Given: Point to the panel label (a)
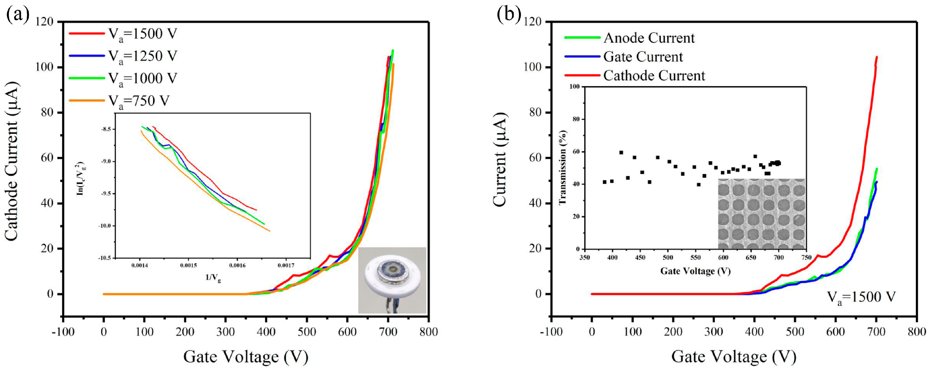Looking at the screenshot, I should point(17,15).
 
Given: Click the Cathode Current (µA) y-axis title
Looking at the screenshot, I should point(11,161).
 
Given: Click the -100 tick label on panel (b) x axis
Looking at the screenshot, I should point(551,332).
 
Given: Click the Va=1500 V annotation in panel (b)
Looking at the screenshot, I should point(861,297).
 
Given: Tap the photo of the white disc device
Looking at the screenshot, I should point(392,280).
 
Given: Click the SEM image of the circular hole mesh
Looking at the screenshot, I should point(762,214).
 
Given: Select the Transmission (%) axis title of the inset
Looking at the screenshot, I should point(563,168).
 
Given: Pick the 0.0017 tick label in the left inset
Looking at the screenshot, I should point(286,266).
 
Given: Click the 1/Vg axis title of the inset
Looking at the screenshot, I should point(213,278).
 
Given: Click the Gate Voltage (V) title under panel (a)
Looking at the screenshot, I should point(246,357).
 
